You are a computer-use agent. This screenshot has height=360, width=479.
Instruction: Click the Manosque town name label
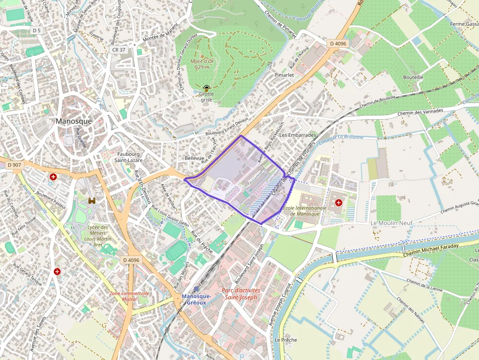[74, 121]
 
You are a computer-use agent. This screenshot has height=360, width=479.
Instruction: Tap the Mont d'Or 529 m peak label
[202, 64]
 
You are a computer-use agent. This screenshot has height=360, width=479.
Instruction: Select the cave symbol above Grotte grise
[207, 88]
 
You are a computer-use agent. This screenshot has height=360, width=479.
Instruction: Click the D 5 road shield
[36, 31]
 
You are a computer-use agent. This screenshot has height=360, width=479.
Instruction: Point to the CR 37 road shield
[119, 50]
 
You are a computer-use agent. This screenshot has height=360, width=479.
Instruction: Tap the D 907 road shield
[15, 165]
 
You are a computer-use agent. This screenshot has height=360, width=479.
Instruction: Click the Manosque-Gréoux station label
[196, 299]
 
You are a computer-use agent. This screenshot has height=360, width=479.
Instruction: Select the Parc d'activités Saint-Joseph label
[241, 294]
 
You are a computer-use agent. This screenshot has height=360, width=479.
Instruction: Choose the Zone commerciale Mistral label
[130, 296]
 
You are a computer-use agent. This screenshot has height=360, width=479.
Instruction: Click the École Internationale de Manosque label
[304, 211]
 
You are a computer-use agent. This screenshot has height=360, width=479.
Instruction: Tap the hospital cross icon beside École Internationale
[338, 202]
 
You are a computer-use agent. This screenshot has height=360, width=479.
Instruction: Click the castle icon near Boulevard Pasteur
[91, 201]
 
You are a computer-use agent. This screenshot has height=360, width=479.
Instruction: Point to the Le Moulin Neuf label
[392, 223]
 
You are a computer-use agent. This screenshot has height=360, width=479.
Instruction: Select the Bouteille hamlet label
[413, 77]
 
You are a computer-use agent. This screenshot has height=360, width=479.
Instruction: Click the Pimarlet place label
[284, 75]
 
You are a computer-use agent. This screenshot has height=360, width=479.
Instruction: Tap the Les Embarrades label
[298, 135]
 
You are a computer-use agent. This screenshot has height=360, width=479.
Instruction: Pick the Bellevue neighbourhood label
[194, 158]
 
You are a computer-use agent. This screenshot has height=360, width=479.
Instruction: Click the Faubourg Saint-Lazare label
[128, 156]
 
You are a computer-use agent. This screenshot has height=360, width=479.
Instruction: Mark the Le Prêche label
[285, 339]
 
